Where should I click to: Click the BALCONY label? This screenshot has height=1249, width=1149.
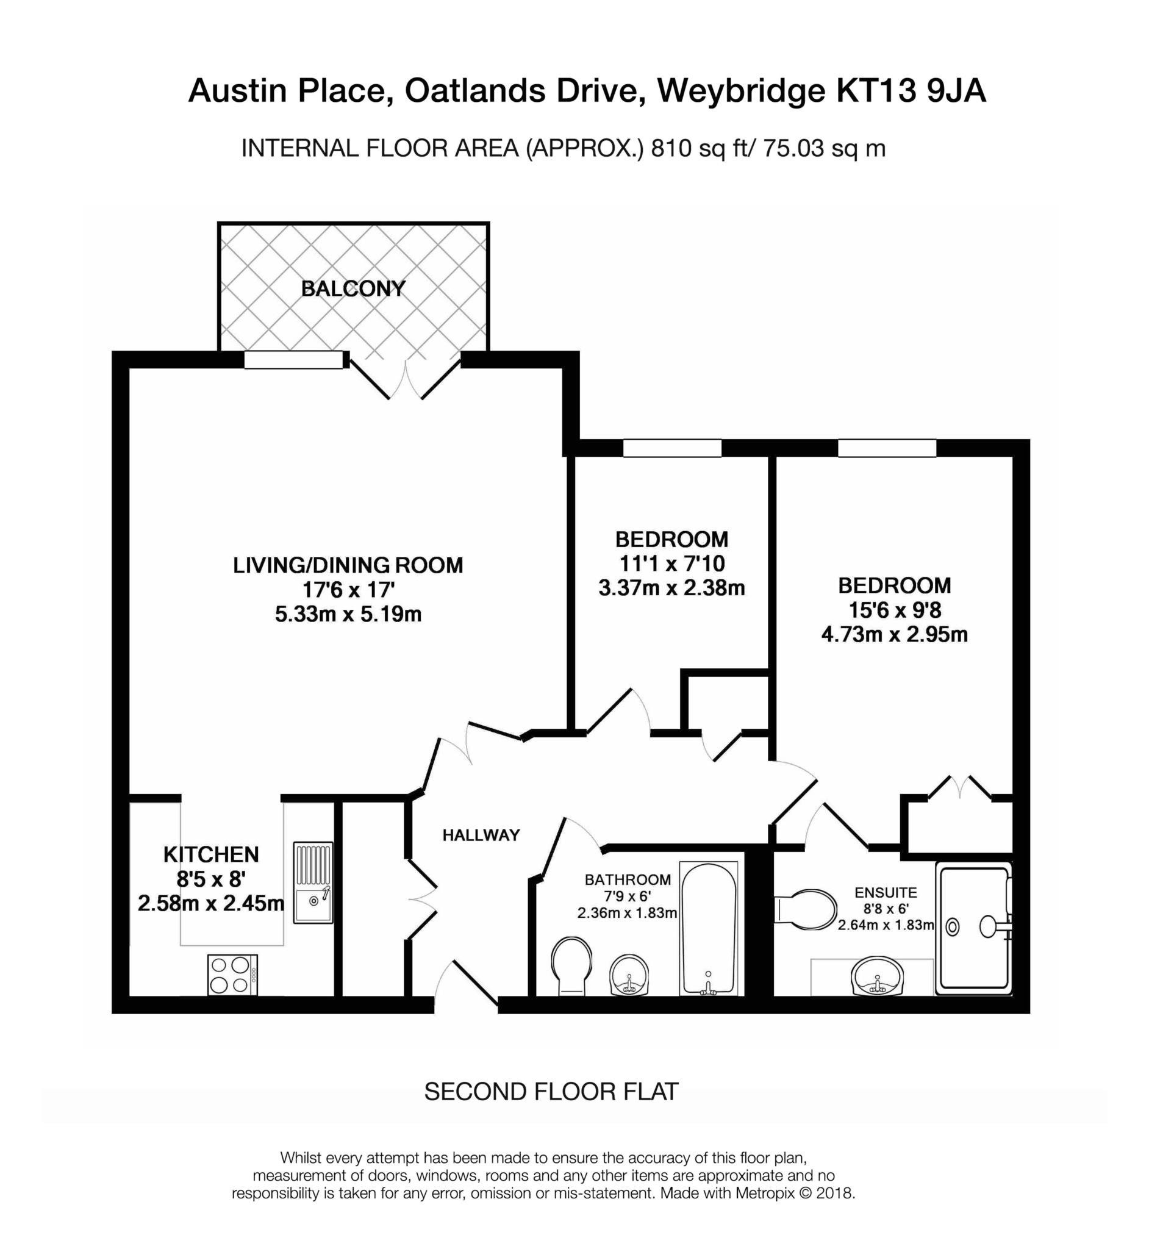pos(353,289)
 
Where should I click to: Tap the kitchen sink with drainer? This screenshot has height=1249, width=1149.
pos(313,883)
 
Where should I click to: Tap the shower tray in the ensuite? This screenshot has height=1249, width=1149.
pos(974,928)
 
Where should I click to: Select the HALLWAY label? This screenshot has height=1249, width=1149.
pos(481,836)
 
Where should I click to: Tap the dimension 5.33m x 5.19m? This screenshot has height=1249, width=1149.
pos(348,614)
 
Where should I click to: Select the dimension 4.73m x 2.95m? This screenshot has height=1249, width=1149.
pos(894,635)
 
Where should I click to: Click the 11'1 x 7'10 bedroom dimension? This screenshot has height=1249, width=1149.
pos(671,564)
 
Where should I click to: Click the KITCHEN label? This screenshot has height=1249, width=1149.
pos(211,854)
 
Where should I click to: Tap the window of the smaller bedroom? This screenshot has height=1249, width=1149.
pos(672,448)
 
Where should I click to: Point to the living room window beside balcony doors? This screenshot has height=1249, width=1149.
pos(293,360)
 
